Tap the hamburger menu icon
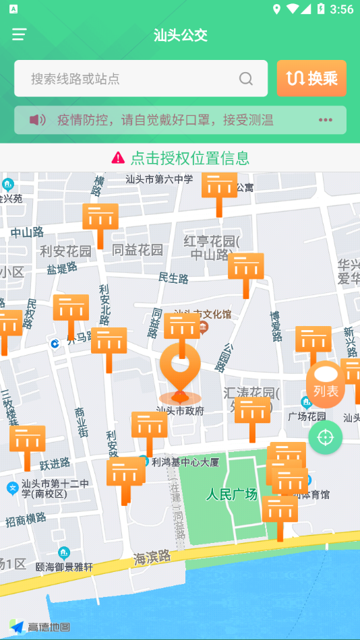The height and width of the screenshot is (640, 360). (x=19, y=34)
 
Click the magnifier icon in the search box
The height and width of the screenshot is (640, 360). (x=246, y=79)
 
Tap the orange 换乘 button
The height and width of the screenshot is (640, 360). (x=311, y=79)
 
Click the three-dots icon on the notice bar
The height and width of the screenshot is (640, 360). (x=326, y=120)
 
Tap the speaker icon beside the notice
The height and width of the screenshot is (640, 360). (x=37, y=120)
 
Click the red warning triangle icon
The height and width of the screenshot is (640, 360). (x=118, y=158)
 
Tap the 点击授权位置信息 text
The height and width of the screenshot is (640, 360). (x=190, y=158)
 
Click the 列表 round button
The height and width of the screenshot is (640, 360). (x=326, y=385)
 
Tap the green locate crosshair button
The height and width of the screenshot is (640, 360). (x=326, y=437)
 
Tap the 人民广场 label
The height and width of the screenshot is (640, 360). (x=232, y=494)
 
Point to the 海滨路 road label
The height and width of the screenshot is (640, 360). (x=152, y=556)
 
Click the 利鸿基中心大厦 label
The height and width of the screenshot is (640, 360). (x=185, y=462)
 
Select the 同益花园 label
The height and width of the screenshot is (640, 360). (x=138, y=250)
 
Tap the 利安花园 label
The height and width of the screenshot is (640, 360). (x=65, y=251)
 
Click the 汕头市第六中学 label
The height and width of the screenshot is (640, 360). (x=159, y=179)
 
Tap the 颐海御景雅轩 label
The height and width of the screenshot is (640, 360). (x=64, y=567)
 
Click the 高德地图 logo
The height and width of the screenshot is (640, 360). (x=40, y=627)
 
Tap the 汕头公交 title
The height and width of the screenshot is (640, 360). (x=180, y=35)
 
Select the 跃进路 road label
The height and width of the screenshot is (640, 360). (x=55, y=463)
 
